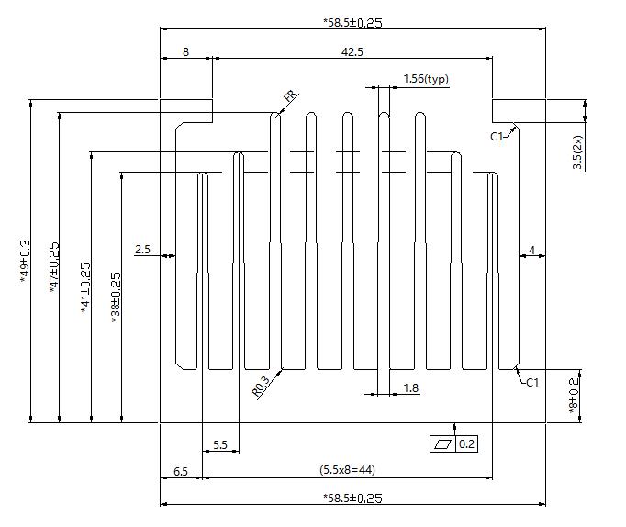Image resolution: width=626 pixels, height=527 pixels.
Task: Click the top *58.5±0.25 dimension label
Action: click(x=353, y=21)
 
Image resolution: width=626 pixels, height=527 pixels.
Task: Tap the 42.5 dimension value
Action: click(x=352, y=52)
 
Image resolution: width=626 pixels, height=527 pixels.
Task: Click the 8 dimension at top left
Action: click(x=185, y=52)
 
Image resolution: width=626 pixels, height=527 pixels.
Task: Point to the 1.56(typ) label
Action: click(x=425, y=80)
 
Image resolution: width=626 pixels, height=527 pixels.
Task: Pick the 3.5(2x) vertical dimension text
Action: click(x=577, y=151)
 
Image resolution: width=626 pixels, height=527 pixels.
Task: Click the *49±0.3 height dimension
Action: click(x=25, y=261)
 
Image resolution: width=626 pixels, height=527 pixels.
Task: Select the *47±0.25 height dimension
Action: click(x=55, y=266)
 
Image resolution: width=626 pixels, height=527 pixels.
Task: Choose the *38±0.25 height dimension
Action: click(x=116, y=297)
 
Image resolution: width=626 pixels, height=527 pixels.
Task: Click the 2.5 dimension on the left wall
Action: click(x=142, y=249)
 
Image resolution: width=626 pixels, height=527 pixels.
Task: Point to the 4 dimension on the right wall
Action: click(x=531, y=249)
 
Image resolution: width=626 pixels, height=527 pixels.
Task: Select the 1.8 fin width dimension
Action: click(x=411, y=388)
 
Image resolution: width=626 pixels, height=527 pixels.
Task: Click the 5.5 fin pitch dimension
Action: click(x=220, y=444)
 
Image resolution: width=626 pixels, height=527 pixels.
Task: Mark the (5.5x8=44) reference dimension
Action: click(x=347, y=470)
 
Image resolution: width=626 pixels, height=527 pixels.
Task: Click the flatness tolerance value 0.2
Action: click(x=467, y=444)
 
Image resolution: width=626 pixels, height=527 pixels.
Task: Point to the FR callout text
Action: click(x=290, y=96)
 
